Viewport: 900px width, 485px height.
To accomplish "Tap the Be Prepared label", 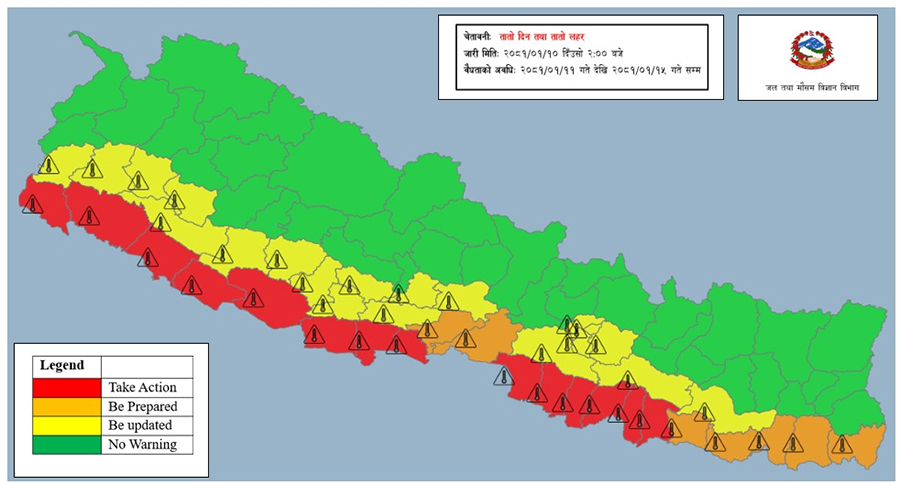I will coord(142,406).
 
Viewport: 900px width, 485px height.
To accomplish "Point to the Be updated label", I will coord(141,425).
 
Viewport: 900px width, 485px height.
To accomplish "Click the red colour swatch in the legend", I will coord(67,387).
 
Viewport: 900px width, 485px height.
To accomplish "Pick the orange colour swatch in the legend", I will coord(67,406).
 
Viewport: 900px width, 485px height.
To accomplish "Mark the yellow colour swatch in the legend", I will coord(67,425).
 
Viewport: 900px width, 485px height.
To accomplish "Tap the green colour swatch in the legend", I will coord(67,444).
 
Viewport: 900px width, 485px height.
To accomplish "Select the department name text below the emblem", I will coord(805,89).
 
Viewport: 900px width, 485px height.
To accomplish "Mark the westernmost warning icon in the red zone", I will coord(32,204).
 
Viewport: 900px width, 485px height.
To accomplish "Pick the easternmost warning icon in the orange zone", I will coord(842,443).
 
